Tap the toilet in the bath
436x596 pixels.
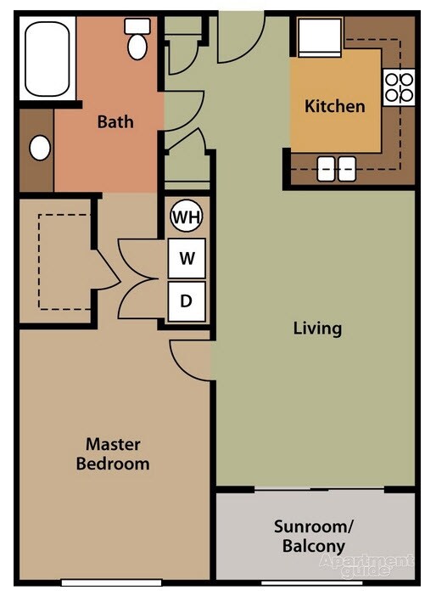tap(137, 39)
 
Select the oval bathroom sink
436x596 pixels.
tap(39, 148)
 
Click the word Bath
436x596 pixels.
tap(115, 121)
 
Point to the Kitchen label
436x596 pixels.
tap(335, 106)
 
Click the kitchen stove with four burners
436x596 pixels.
tap(400, 86)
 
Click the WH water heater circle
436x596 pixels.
tap(187, 217)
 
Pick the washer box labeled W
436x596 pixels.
tap(187, 259)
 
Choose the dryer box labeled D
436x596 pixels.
tap(187, 301)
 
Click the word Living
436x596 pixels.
tap(317, 328)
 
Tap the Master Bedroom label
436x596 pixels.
tap(113, 454)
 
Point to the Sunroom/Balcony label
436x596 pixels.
tap(313, 537)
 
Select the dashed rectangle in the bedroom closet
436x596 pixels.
tap(64, 261)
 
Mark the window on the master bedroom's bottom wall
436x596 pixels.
tap(112, 582)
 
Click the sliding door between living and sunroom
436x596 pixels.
tap(319, 490)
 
